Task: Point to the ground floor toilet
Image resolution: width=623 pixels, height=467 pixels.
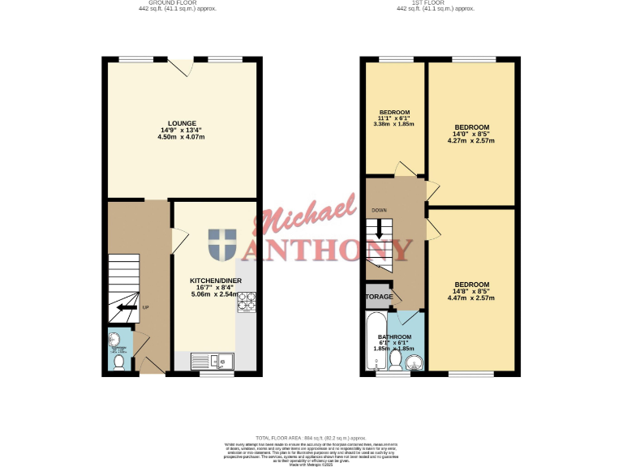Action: pyautogui.click(x=118, y=363)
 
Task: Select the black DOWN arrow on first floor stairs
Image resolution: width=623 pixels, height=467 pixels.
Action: pyautogui.click(x=378, y=230)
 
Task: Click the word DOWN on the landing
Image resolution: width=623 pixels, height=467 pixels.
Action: pyautogui.click(x=379, y=210)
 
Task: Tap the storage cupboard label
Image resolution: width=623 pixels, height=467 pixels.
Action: pyautogui.click(x=378, y=297)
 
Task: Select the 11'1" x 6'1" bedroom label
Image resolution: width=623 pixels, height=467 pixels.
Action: pyautogui.click(x=394, y=118)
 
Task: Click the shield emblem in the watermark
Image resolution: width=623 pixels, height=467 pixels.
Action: pyautogui.click(x=222, y=245)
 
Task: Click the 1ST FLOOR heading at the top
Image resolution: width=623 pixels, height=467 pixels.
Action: pyautogui.click(x=435, y=3)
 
